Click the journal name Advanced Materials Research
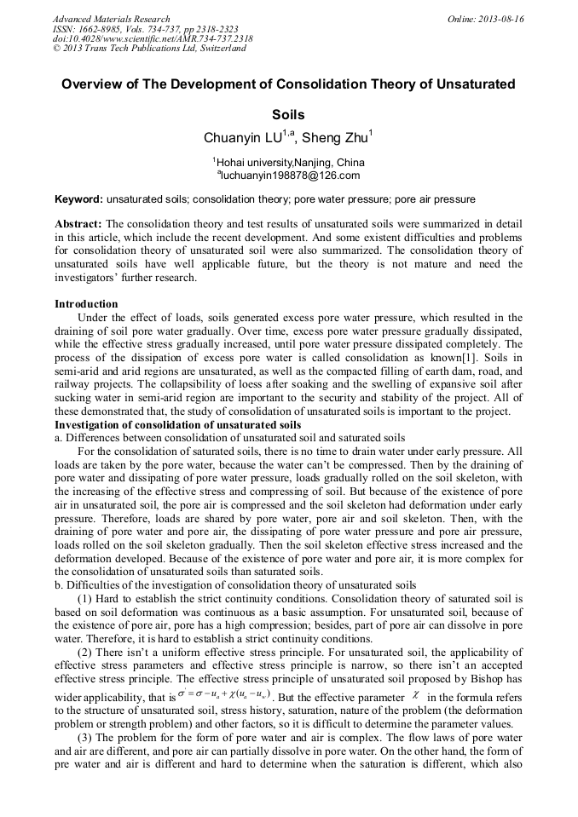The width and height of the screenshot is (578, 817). (x=111, y=19)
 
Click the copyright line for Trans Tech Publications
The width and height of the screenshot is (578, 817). (x=149, y=49)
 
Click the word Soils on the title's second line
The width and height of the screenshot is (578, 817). (x=288, y=114)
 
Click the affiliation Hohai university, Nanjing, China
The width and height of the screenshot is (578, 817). (x=289, y=162)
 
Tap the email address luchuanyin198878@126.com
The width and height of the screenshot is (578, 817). (x=289, y=175)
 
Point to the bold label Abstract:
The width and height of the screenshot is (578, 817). (x=79, y=223)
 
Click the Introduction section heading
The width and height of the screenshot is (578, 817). (x=86, y=304)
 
